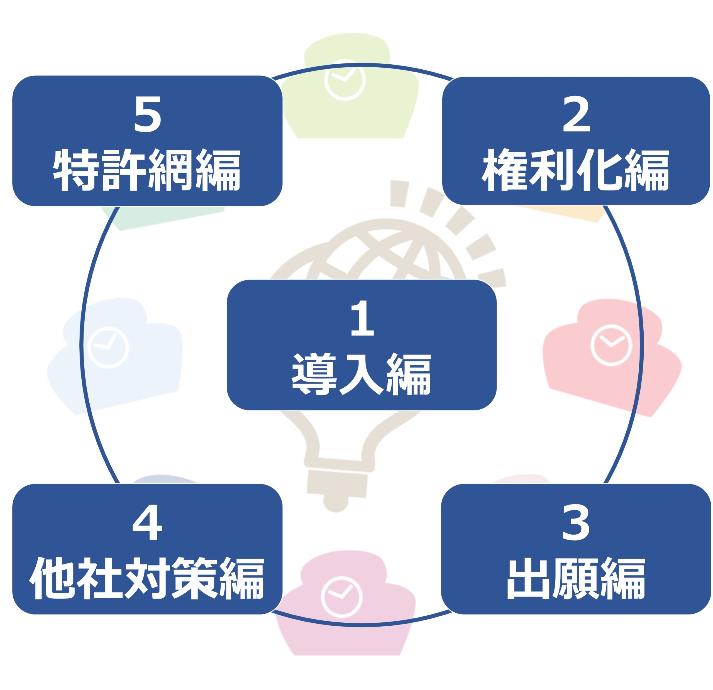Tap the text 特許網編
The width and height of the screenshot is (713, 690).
[x=147, y=170]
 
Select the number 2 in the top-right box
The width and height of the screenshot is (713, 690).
[x=576, y=115]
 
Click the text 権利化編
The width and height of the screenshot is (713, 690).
[x=575, y=170]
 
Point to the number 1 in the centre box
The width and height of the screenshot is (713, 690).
[x=362, y=318]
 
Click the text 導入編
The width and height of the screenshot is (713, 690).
[x=361, y=374]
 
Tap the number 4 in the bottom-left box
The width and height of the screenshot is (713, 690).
[x=147, y=523]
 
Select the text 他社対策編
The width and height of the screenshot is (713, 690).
[x=147, y=578]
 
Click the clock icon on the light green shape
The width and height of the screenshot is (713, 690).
[x=345, y=79]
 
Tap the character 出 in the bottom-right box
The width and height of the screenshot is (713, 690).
[x=529, y=578]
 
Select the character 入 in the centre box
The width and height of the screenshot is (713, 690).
[x=361, y=374]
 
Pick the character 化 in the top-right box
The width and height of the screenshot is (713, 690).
[x=599, y=170]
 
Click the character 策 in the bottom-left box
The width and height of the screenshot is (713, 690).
[x=194, y=578]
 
